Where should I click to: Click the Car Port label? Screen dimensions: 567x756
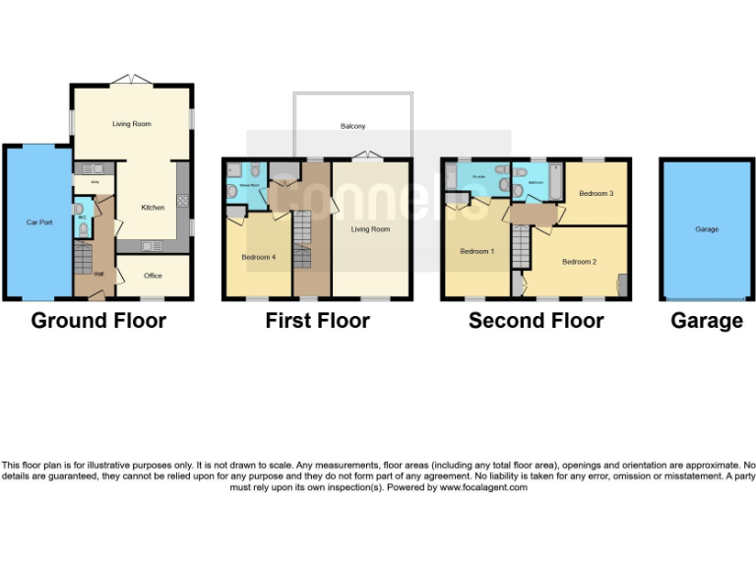click(x=37, y=222)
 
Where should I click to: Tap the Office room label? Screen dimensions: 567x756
click(x=153, y=276)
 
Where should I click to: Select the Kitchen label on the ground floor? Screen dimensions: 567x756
click(x=153, y=207)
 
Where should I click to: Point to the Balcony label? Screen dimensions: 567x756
click(x=352, y=126)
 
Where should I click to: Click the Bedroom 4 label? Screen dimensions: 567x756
click(x=258, y=257)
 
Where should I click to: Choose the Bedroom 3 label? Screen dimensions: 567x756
click(x=596, y=193)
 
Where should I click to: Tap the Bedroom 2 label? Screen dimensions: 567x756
click(x=580, y=262)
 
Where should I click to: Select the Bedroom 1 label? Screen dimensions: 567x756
click(x=476, y=251)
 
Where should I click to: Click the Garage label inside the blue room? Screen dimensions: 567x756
click(x=706, y=228)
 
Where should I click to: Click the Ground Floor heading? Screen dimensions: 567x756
click(x=98, y=320)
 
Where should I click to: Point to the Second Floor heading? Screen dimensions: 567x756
click(x=535, y=320)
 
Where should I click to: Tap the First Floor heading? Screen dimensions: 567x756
click(x=317, y=320)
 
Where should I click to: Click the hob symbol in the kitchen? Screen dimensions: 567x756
click(x=182, y=201)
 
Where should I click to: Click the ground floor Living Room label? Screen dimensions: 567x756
click(x=131, y=124)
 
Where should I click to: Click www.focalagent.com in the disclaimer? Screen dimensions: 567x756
click(x=482, y=487)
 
